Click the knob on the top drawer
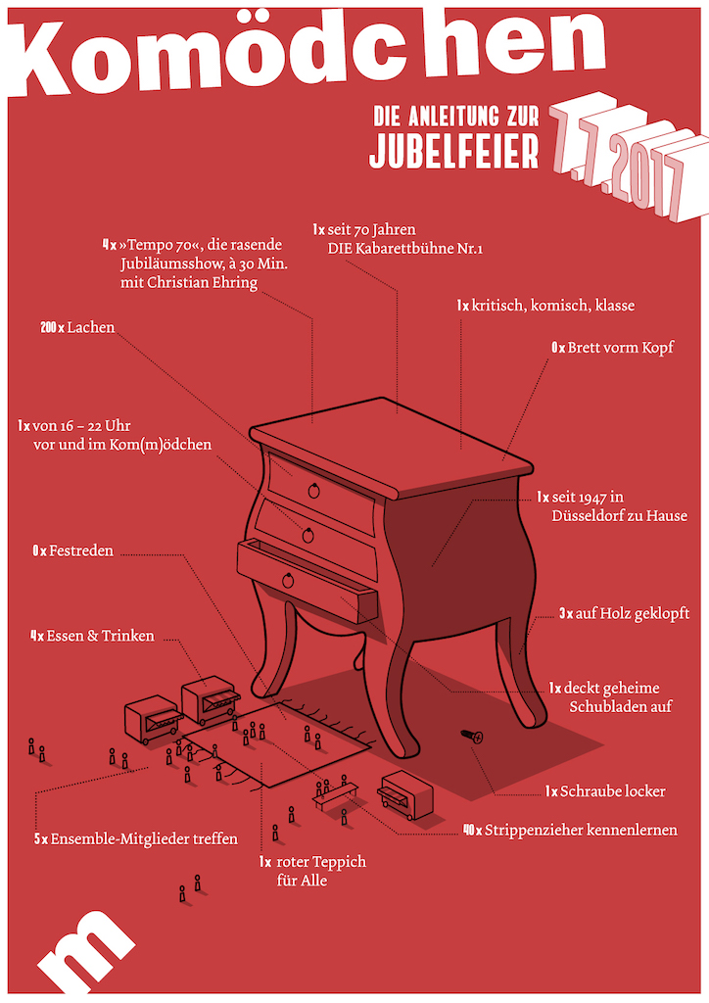[313, 490]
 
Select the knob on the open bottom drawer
[288, 581]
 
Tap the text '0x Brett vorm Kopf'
[612, 347]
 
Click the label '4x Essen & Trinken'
[92, 636]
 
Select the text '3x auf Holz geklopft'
[624, 613]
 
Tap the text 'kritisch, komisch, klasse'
[552, 306]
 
